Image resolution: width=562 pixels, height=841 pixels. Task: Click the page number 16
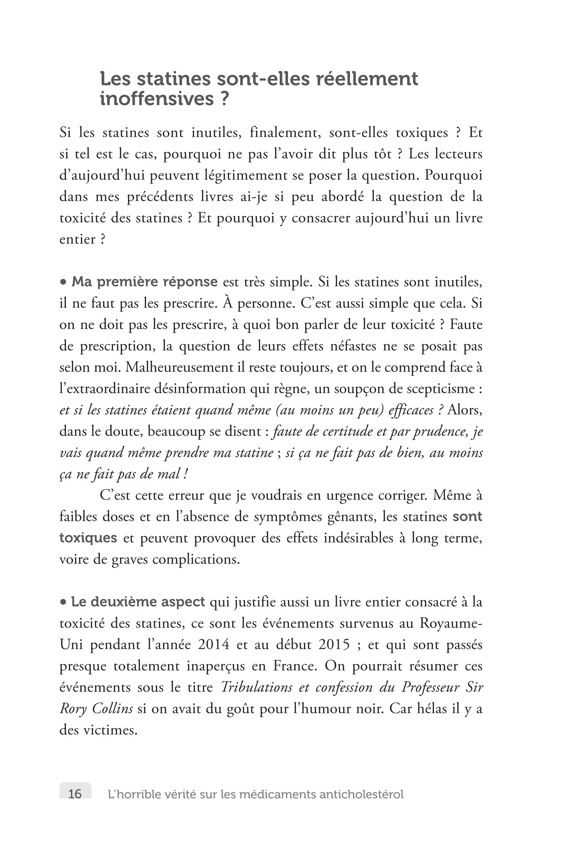[75, 794]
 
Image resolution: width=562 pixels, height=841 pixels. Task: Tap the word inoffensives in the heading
[156, 99]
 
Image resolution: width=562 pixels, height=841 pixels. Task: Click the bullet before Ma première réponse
[63, 282]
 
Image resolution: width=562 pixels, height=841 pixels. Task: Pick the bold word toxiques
[88, 538]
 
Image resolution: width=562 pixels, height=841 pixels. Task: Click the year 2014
[214, 644]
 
